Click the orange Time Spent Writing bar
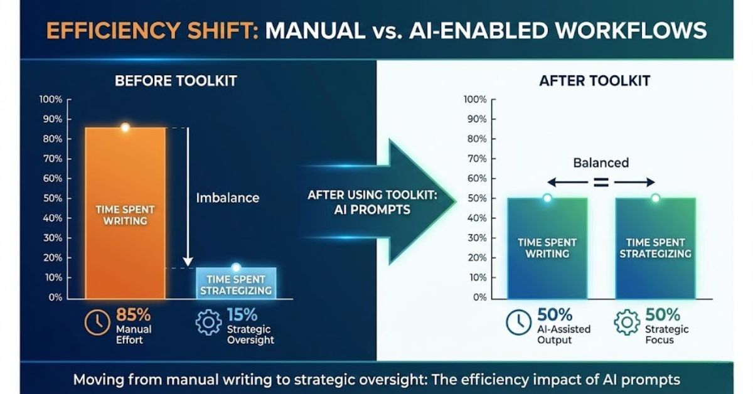125,213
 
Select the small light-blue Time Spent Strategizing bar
236,283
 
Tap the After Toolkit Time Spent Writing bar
547,248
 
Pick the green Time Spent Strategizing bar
656,248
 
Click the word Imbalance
228,198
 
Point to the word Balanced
601,162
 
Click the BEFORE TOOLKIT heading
176,81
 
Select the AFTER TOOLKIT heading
595,81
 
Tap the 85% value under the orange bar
134,315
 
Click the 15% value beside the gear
242,315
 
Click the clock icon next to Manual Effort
97,322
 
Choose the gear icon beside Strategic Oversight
208,322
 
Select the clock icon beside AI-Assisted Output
519,322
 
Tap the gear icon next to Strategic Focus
627,322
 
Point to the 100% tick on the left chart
51,100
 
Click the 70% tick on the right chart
477,159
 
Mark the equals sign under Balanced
601,182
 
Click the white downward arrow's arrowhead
188,262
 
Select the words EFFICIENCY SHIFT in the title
152,30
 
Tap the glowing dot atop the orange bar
125,127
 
